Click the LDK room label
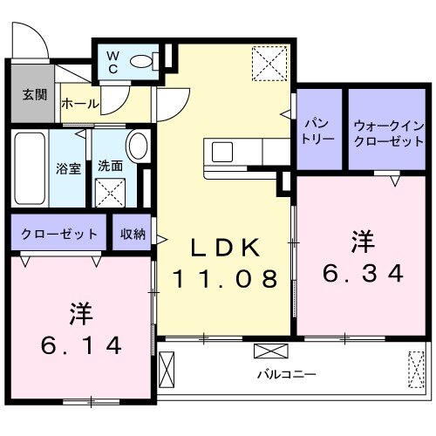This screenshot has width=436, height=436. coord(225,249)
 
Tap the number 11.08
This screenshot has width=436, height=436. coord(225,279)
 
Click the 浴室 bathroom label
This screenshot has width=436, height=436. coord(68,167)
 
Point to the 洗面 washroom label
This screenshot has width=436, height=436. coord(110,167)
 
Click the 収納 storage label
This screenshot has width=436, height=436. coord(133,234)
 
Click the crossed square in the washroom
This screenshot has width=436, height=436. coord(110,189)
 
